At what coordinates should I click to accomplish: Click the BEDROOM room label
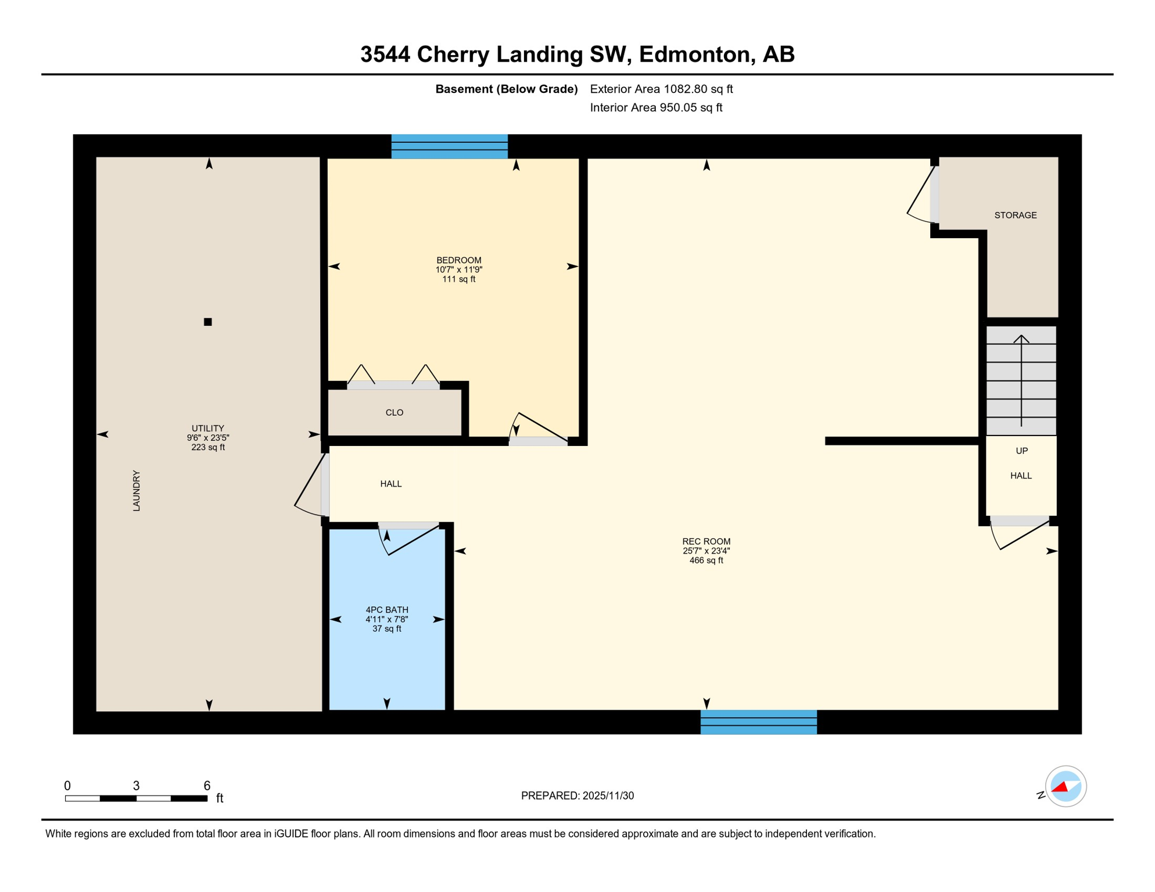(x=458, y=260)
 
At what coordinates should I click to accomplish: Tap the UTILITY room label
(x=207, y=428)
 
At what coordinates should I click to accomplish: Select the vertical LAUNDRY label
(x=137, y=491)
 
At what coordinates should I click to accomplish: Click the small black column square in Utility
(x=207, y=322)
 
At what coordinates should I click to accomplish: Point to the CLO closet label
(x=394, y=412)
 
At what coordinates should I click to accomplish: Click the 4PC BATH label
(x=386, y=610)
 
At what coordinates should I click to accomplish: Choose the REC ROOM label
(x=706, y=541)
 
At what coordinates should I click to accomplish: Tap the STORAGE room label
(x=1015, y=215)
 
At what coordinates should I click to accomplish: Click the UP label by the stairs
(x=1021, y=451)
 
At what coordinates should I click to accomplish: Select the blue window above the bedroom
(x=449, y=146)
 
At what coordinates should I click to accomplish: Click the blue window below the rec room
(x=758, y=722)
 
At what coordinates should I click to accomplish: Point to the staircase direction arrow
(x=1021, y=377)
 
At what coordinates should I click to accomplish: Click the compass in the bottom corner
(x=1065, y=786)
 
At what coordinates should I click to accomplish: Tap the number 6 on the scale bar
(x=206, y=786)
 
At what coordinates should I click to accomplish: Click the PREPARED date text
(x=577, y=796)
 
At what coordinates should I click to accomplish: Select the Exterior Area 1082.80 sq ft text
(x=661, y=89)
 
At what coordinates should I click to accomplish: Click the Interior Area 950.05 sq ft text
(x=655, y=107)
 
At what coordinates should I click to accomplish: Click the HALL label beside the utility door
(x=390, y=484)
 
